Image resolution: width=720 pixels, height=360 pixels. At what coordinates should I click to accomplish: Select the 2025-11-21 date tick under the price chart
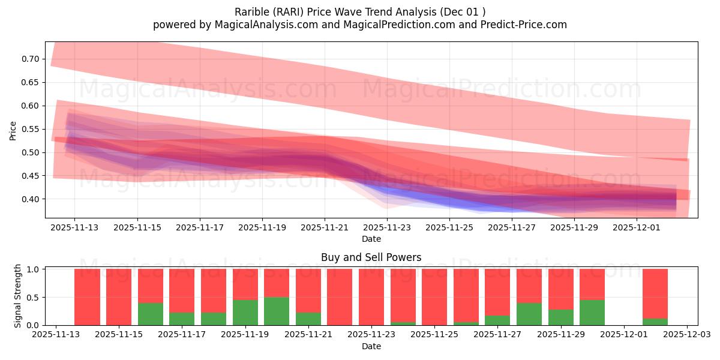(x=325, y=228)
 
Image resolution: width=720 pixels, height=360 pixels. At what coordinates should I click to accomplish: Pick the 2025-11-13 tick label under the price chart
(x=74, y=228)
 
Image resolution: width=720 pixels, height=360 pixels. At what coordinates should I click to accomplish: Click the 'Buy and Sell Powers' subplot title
(x=371, y=257)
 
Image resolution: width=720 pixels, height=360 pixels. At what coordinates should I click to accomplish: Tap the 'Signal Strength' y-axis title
(x=18, y=296)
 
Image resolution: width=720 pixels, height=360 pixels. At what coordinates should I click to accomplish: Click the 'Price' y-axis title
(x=13, y=130)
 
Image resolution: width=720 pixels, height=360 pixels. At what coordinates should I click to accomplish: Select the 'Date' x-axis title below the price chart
(x=371, y=239)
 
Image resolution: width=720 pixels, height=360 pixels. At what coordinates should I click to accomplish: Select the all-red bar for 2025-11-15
(x=119, y=297)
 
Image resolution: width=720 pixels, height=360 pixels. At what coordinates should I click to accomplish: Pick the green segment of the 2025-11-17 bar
(x=182, y=319)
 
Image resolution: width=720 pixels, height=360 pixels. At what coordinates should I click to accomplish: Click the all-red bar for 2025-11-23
(x=371, y=297)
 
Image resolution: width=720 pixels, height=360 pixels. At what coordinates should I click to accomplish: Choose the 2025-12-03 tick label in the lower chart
(x=687, y=335)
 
